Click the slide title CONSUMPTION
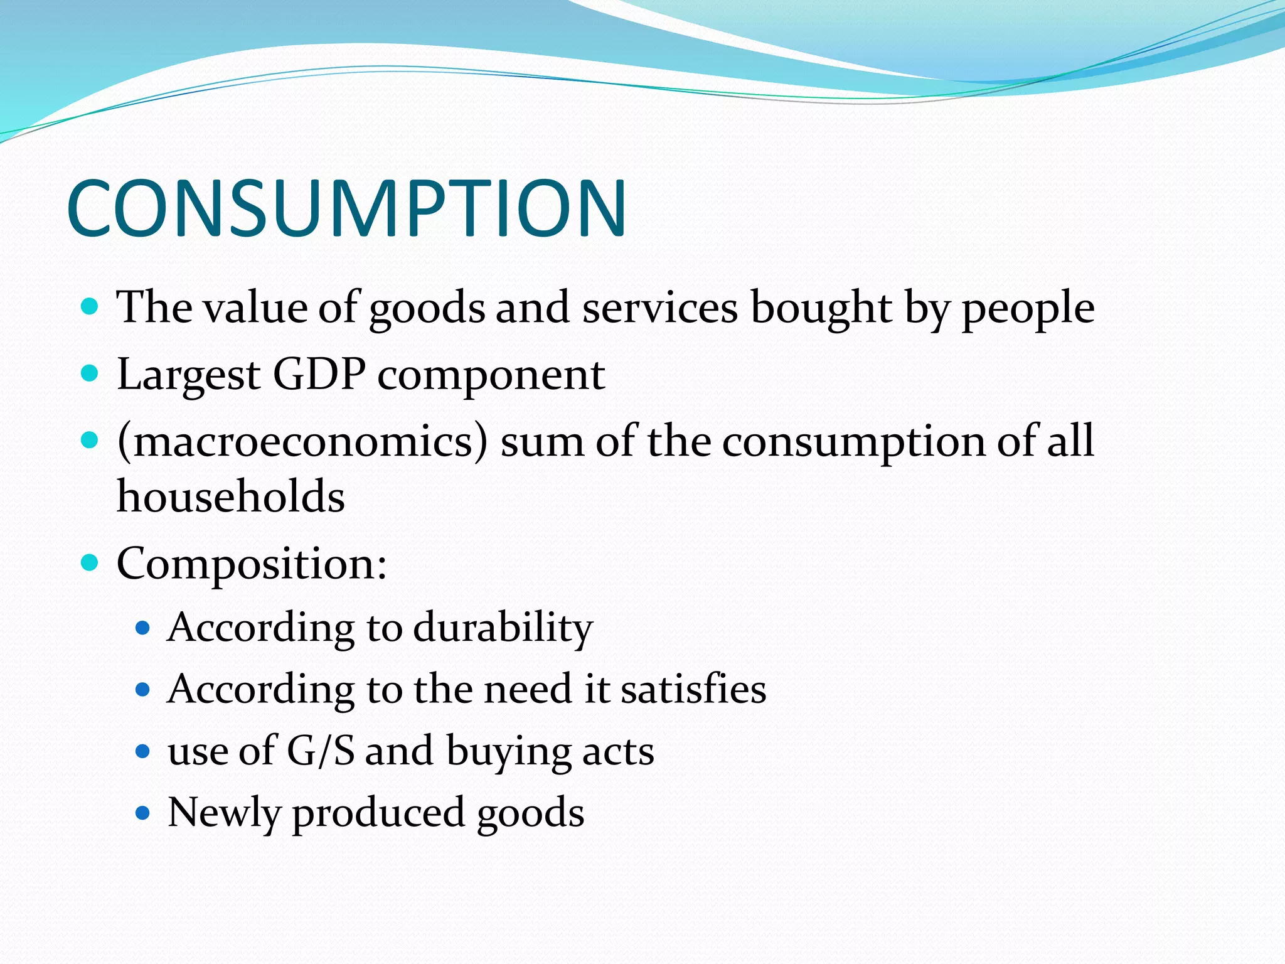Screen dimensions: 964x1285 (x=346, y=208)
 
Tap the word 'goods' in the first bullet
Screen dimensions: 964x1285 (x=427, y=309)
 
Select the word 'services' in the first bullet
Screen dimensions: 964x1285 (x=660, y=308)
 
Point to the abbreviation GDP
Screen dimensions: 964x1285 (x=319, y=375)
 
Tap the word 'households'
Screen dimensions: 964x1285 (x=231, y=496)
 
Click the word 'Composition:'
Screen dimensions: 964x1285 (x=252, y=564)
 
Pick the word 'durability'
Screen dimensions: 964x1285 (x=503, y=628)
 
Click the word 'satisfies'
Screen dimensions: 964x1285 (x=693, y=689)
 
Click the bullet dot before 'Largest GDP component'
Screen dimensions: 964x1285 (x=90, y=374)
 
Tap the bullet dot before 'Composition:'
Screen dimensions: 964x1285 (x=90, y=562)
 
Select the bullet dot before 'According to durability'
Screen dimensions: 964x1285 (x=143, y=628)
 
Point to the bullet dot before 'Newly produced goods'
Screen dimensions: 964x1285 (x=143, y=813)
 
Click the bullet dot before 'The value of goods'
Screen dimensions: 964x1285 (x=90, y=307)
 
